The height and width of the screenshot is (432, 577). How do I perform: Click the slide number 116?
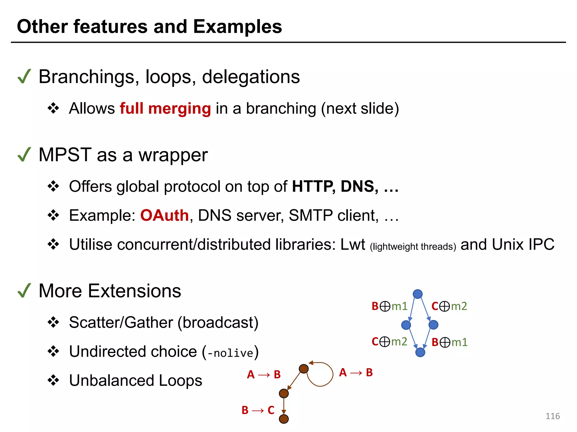pyautogui.click(x=552, y=416)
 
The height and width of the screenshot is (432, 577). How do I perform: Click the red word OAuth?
pyautogui.click(x=165, y=215)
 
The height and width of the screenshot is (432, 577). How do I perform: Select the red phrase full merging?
pyautogui.click(x=165, y=109)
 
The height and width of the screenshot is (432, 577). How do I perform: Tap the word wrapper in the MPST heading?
pyautogui.click(x=173, y=155)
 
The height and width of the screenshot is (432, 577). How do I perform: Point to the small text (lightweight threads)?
pyautogui.click(x=413, y=247)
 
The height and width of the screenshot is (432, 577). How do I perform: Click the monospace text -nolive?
pyautogui.click(x=230, y=353)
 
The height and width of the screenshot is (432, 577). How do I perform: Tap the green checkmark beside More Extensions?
pyautogui.click(x=24, y=291)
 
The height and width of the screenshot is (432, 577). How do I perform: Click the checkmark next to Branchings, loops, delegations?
pyautogui.click(x=24, y=76)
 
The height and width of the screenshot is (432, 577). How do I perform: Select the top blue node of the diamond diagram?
pyautogui.click(x=418, y=294)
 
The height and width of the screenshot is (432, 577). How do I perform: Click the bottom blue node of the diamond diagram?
pyautogui.click(x=420, y=352)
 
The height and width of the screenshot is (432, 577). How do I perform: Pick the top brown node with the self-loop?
pyautogui.click(x=303, y=368)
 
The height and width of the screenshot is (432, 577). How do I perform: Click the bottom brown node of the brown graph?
pyautogui.click(x=284, y=419)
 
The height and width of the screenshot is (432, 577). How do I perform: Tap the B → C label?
pyautogui.click(x=258, y=410)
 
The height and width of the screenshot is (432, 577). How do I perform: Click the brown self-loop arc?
pyautogui.click(x=332, y=374)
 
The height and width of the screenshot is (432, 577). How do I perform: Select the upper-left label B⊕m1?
pyautogui.click(x=389, y=306)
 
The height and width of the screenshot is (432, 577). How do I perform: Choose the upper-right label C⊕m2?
pyautogui.click(x=449, y=306)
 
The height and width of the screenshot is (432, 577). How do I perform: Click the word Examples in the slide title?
pyautogui.click(x=238, y=27)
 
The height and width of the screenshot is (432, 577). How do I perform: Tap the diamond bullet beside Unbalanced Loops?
pyautogui.click(x=53, y=380)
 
